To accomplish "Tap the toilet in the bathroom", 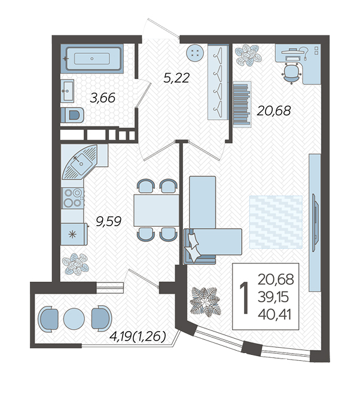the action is [x=72, y=115].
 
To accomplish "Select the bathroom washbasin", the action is [x=67, y=91].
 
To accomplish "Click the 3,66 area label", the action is [x=102, y=98].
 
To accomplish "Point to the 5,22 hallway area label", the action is [x=176, y=78].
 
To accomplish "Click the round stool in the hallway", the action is [x=194, y=53].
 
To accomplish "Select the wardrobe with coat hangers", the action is [x=218, y=81].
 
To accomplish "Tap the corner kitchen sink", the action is [x=80, y=162].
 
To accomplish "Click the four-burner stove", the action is [x=72, y=198].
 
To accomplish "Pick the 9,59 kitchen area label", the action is [x=109, y=221].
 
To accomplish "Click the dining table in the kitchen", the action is [x=156, y=210].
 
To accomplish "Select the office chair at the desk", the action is [x=292, y=72].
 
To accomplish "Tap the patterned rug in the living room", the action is [x=276, y=222].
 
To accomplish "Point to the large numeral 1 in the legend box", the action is [x=244, y=298].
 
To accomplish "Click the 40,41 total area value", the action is [x=274, y=315].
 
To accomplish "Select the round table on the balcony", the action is [x=74, y=318].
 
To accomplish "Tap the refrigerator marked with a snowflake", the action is [x=74, y=234].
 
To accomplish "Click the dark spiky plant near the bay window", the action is [x=206, y=301].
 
